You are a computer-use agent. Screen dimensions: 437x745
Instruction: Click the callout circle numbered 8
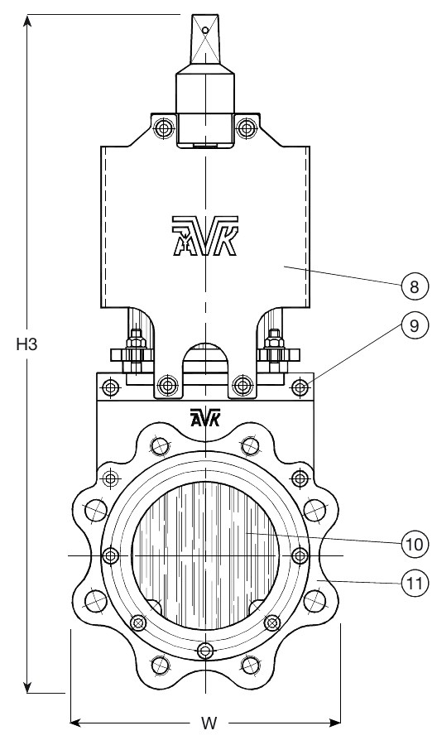pos(414,286)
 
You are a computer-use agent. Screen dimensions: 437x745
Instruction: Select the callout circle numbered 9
pos(414,325)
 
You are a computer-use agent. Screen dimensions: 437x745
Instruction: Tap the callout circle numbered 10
pos(414,544)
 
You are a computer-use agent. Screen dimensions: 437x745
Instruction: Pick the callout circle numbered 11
pos(414,582)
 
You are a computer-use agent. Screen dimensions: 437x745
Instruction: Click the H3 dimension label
pos(26,344)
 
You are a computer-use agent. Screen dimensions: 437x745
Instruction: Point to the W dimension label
pos(208,723)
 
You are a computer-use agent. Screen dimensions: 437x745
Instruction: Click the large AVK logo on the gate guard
pos(205,236)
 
